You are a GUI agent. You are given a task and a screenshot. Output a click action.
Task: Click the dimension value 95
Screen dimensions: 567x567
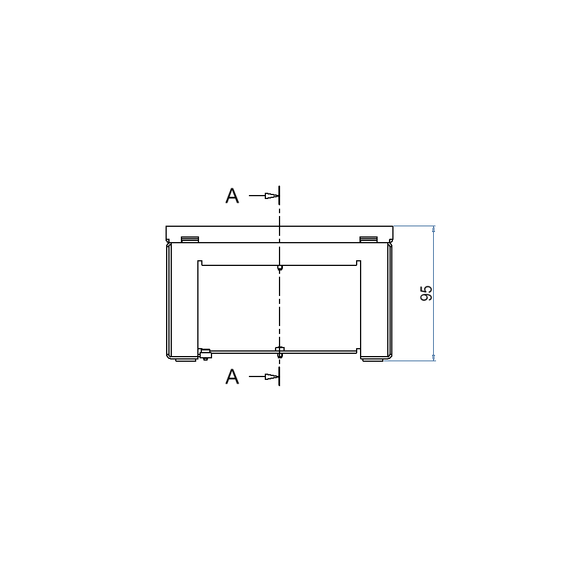[426, 293]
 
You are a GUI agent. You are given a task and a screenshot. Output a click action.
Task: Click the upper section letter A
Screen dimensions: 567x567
[232, 196]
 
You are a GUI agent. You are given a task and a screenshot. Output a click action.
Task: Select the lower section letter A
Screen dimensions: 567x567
[232, 377]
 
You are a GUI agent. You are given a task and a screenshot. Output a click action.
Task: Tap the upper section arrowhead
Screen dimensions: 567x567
[272, 196]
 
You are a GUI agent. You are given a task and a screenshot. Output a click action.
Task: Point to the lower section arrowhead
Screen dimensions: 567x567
[272, 376]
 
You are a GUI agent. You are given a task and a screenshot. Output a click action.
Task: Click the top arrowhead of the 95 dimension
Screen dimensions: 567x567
[434, 230]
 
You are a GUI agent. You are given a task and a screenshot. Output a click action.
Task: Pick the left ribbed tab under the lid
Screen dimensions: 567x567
[189, 239]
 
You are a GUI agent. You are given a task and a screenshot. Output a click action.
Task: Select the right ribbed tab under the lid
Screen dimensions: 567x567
[369, 239]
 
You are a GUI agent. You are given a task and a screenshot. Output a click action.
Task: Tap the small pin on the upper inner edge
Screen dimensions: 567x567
[280, 267]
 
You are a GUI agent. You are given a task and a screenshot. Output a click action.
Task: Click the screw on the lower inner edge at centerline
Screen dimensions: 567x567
[279, 351]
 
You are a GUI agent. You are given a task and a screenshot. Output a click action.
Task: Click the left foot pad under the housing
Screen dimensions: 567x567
[185, 359]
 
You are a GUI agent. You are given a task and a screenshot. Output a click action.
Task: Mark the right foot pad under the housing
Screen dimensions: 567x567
[373, 359]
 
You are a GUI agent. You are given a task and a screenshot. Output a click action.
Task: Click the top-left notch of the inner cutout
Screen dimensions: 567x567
[200, 263]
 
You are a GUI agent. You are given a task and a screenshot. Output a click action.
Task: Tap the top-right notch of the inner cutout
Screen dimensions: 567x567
[358, 263]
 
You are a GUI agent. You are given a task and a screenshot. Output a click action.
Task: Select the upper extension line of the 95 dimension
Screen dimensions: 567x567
[414, 226]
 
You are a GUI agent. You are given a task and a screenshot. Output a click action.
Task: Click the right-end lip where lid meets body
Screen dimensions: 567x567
[391, 242]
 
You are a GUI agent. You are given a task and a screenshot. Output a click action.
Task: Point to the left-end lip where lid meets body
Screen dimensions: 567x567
[168, 242]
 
